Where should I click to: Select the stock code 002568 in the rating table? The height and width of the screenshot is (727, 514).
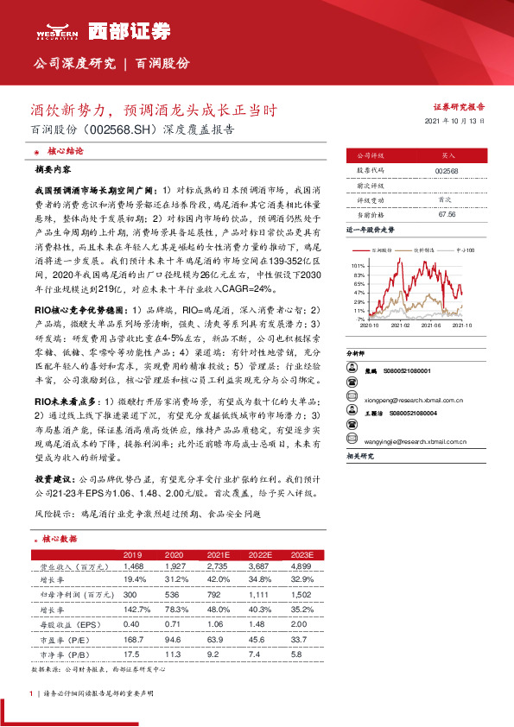447,171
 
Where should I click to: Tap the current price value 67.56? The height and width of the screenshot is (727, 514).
447,214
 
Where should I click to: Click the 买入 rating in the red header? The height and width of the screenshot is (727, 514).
447,156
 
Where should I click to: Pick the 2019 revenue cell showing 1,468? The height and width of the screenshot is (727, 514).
132,566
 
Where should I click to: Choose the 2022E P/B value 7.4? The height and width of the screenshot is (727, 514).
256,654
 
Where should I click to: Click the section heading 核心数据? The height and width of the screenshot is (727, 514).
61,538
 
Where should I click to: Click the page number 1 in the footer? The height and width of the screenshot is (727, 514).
31,692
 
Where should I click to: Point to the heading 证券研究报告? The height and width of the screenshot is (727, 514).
457,107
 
